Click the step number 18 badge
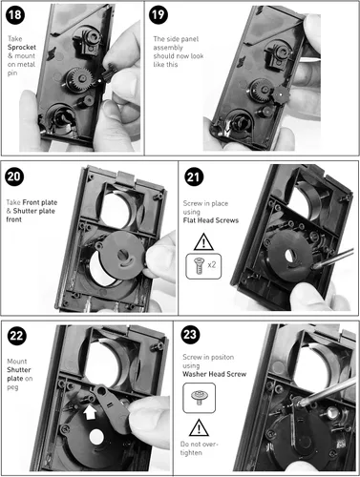pos(15,15)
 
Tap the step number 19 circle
pos(159,15)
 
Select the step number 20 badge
pos(14,176)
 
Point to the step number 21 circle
pos(194,176)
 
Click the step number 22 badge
pos(17,336)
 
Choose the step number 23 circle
pos(190,335)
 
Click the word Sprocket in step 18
pos(22,48)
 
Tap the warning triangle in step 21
pos(203,242)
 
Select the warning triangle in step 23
pos(199,427)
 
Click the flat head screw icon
pos(199,266)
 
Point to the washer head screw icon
pos(200,398)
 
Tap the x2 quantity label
pos(211,265)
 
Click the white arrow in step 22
pos(90,412)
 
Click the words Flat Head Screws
pos(211,220)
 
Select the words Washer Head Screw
pos(215,374)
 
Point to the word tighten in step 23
pos(191,453)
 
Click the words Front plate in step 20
pos(40,202)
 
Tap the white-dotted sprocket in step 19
pos(280,94)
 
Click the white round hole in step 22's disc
pos(96,437)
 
